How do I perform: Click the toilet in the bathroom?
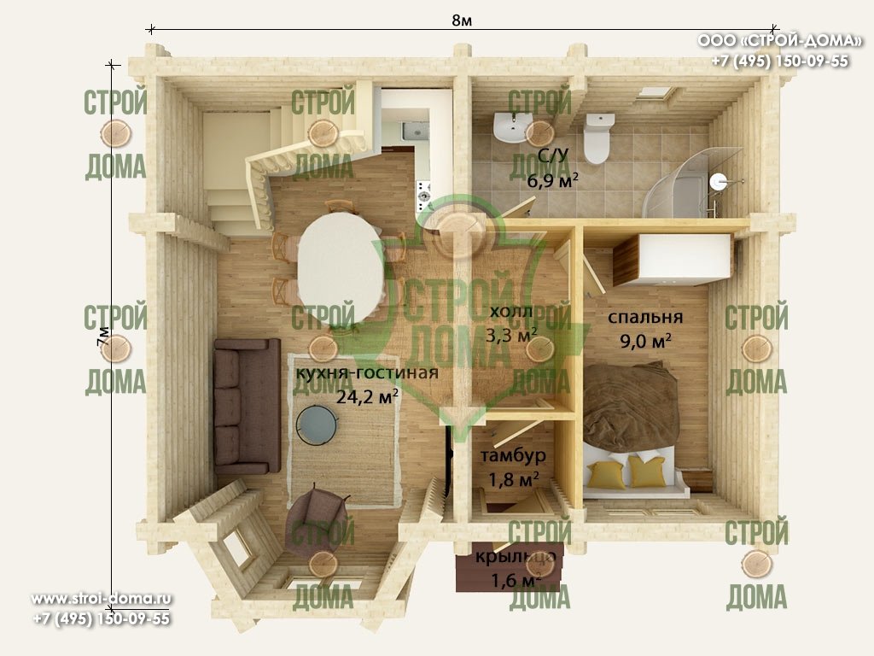coord(597,138)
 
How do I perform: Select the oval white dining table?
coord(341,268)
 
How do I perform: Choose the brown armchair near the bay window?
coord(316,520)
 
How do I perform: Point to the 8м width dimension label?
coord(462,20)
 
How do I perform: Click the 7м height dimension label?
coord(103,337)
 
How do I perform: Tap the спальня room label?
coord(645,317)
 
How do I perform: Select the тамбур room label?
coord(513,455)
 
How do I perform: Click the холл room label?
coord(511,311)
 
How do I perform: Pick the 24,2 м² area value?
coord(367,396)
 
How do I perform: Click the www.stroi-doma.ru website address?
coord(102,599)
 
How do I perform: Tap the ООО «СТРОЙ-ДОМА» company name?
coord(779,41)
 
